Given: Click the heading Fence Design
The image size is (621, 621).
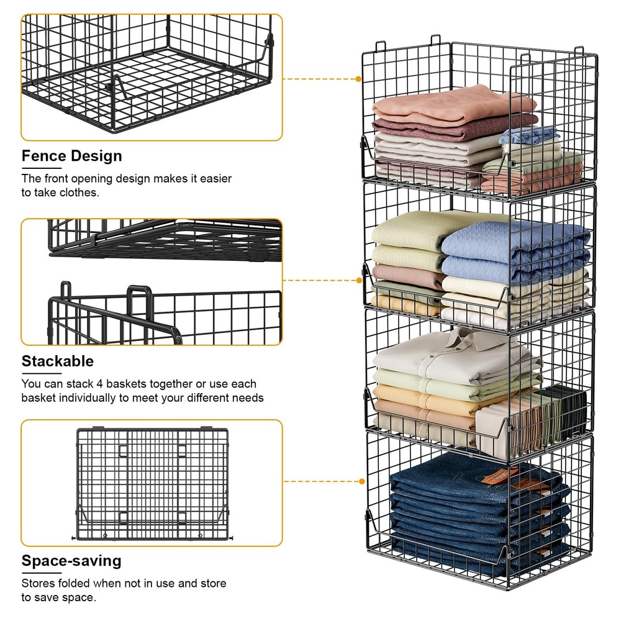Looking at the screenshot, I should click(x=72, y=155).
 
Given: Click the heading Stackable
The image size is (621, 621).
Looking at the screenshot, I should click(x=58, y=361).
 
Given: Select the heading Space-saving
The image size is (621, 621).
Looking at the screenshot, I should click(x=71, y=561).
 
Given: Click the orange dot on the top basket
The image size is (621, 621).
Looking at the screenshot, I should click(x=359, y=79).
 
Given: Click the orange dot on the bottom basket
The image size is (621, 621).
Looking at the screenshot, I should click(x=362, y=481).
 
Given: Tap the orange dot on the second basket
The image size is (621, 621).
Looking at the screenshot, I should click(x=359, y=281).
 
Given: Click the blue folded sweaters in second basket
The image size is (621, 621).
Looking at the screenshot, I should click(x=515, y=248).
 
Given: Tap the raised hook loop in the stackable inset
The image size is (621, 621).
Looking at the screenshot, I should click(x=139, y=296).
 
